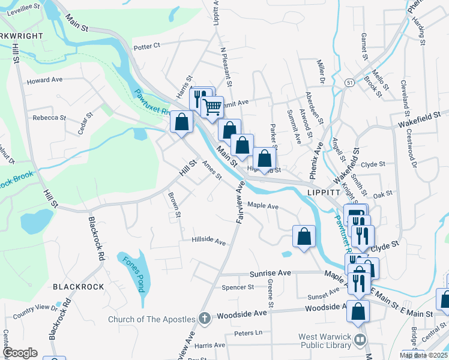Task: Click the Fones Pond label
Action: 134,274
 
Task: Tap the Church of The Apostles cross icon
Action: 204,319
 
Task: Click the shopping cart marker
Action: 212,107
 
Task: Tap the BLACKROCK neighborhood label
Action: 79,287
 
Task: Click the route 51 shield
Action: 349,81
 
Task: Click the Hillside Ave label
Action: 208,241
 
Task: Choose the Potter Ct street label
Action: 147,46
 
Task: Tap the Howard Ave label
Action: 44,80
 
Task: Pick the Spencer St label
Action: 238,287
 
